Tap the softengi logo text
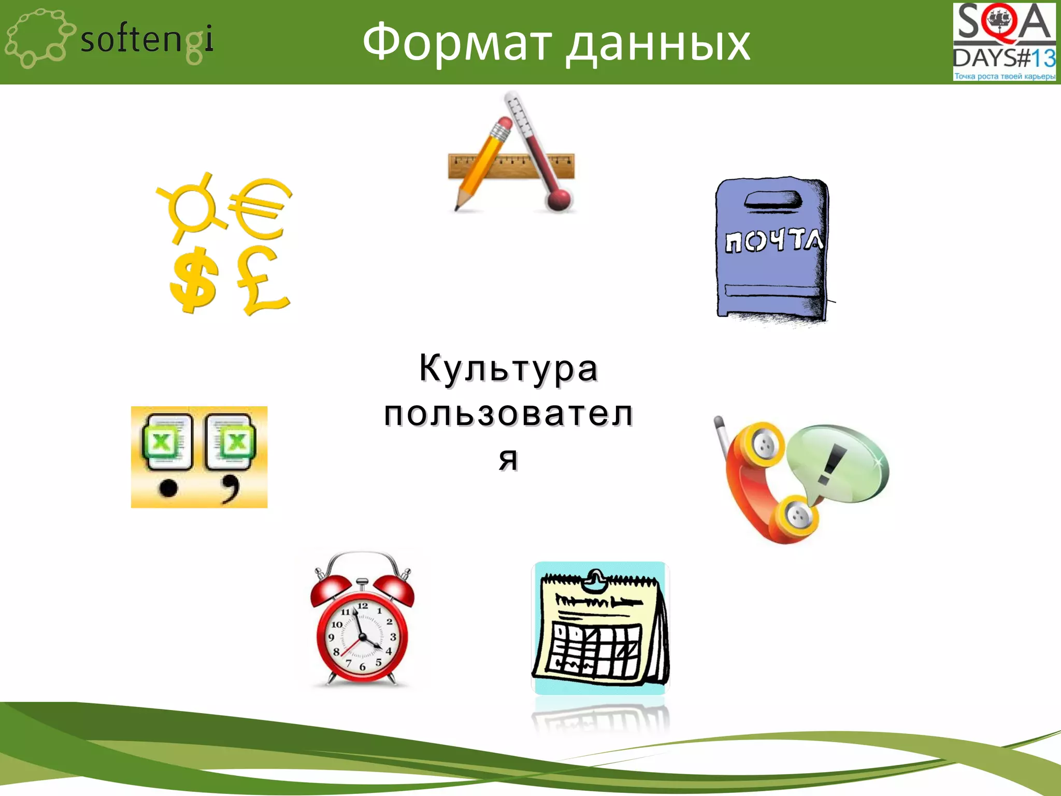[147, 39]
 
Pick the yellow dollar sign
[193, 280]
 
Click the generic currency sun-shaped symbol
[192, 207]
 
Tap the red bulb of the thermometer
[558, 199]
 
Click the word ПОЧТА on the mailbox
[773, 240]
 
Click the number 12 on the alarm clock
[363, 605]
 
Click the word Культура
[509, 369]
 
